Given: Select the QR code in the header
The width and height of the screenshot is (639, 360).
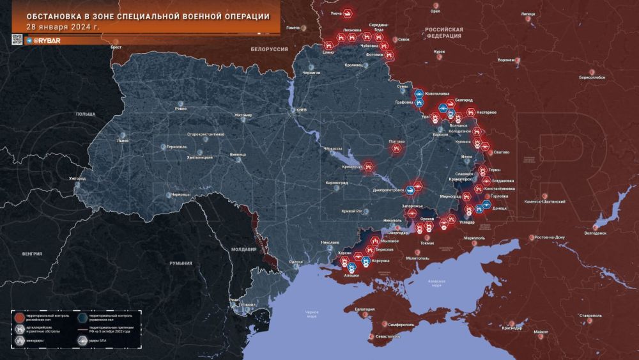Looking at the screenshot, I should click(x=17, y=39).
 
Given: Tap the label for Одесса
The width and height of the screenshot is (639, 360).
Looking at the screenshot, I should click(x=295, y=262).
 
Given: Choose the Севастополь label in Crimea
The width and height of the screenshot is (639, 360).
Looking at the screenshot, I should click(x=390, y=336).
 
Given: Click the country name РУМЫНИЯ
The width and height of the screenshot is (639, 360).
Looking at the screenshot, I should click(x=181, y=263).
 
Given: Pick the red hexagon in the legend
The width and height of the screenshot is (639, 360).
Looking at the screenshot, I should click(x=20, y=317).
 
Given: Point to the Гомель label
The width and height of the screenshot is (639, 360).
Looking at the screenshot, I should click(x=293, y=27).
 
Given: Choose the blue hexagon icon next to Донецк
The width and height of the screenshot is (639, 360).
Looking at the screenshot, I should click(x=487, y=205).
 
